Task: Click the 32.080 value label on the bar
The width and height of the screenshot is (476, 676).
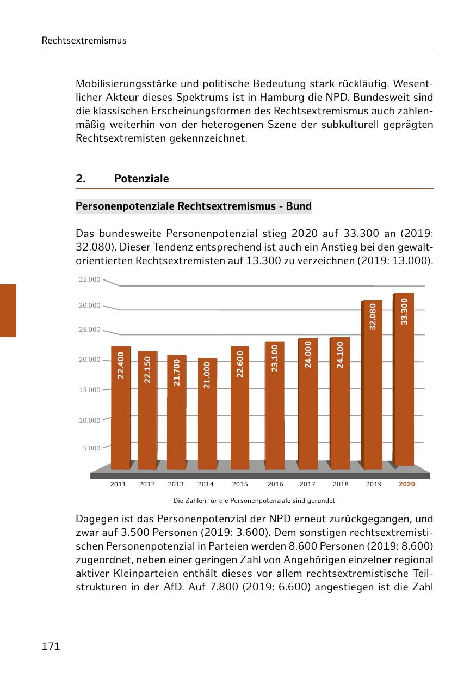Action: (x=373, y=316)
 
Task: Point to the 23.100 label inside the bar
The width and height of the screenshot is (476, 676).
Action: (x=275, y=358)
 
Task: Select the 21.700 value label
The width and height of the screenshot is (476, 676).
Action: (x=176, y=372)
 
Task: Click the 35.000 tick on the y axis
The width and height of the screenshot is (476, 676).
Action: (x=90, y=279)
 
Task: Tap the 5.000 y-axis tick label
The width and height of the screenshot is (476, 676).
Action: (x=92, y=448)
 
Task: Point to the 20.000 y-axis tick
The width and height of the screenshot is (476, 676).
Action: (x=90, y=360)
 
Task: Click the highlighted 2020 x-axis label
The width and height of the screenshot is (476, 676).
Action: (x=406, y=484)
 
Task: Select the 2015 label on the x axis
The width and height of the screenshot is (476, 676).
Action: (x=240, y=484)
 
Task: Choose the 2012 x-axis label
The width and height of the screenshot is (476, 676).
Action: (x=147, y=484)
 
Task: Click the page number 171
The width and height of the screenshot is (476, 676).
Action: (x=51, y=647)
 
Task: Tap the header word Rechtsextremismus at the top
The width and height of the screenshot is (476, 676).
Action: (x=84, y=40)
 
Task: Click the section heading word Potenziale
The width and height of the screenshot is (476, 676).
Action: (x=141, y=179)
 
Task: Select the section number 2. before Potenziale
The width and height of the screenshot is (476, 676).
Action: (x=81, y=179)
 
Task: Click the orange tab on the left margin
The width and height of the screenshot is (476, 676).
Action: (x=8, y=310)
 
